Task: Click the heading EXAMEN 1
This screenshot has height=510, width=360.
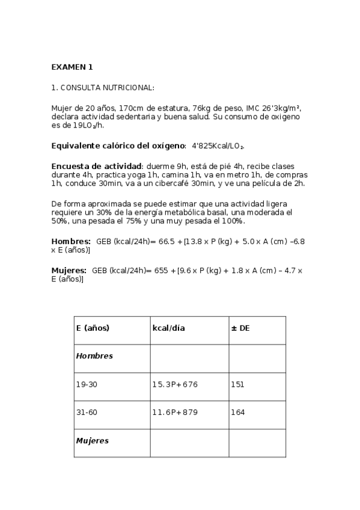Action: point(72,67)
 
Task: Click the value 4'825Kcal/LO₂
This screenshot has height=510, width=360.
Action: point(218,146)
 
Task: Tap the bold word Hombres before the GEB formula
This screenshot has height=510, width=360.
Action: point(71,241)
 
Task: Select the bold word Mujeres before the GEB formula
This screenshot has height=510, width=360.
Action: point(69,271)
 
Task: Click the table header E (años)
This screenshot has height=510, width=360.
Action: point(93,328)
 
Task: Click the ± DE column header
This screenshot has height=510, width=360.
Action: point(240,328)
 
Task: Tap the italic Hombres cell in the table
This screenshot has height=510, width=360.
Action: point(94,356)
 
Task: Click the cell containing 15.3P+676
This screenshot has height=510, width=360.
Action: point(175,384)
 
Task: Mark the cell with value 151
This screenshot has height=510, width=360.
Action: point(237,384)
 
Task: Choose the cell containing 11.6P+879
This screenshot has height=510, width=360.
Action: point(175,413)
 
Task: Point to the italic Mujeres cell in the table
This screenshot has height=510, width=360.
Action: point(92,441)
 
